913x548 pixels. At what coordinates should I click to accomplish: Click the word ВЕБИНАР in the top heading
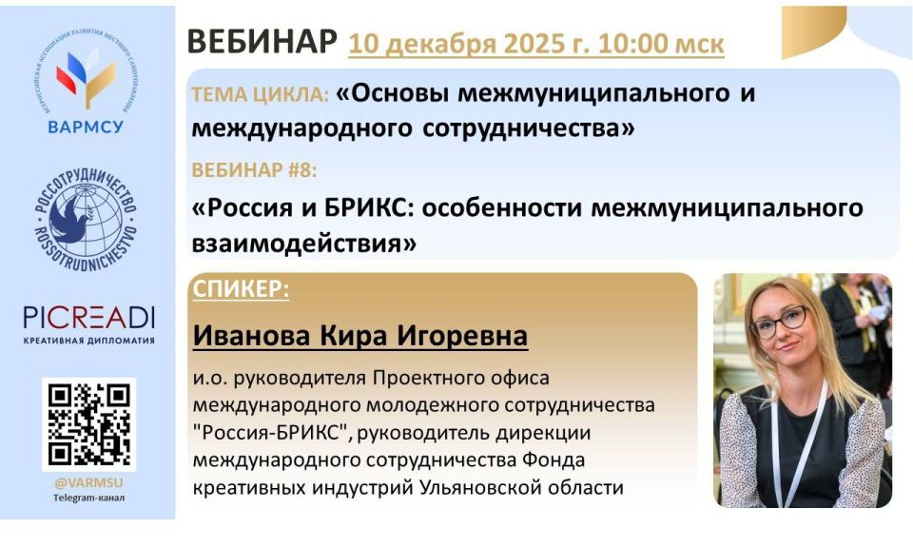click(262, 42)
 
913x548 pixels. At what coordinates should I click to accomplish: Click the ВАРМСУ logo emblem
click(87, 73)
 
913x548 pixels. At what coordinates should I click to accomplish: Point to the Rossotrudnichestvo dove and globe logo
click(87, 221)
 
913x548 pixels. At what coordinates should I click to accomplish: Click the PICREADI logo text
click(89, 318)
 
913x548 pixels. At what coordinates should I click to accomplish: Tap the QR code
click(89, 424)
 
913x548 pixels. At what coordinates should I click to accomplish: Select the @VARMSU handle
click(89, 483)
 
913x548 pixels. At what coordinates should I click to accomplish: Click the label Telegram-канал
click(89, 498)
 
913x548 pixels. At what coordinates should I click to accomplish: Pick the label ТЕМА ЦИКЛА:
click(261, 94)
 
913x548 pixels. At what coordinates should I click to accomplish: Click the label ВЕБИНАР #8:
click(255, 170)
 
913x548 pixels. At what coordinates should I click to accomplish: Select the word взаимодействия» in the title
click(304, 243)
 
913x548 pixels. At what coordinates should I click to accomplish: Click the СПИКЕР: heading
click(241, 289)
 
